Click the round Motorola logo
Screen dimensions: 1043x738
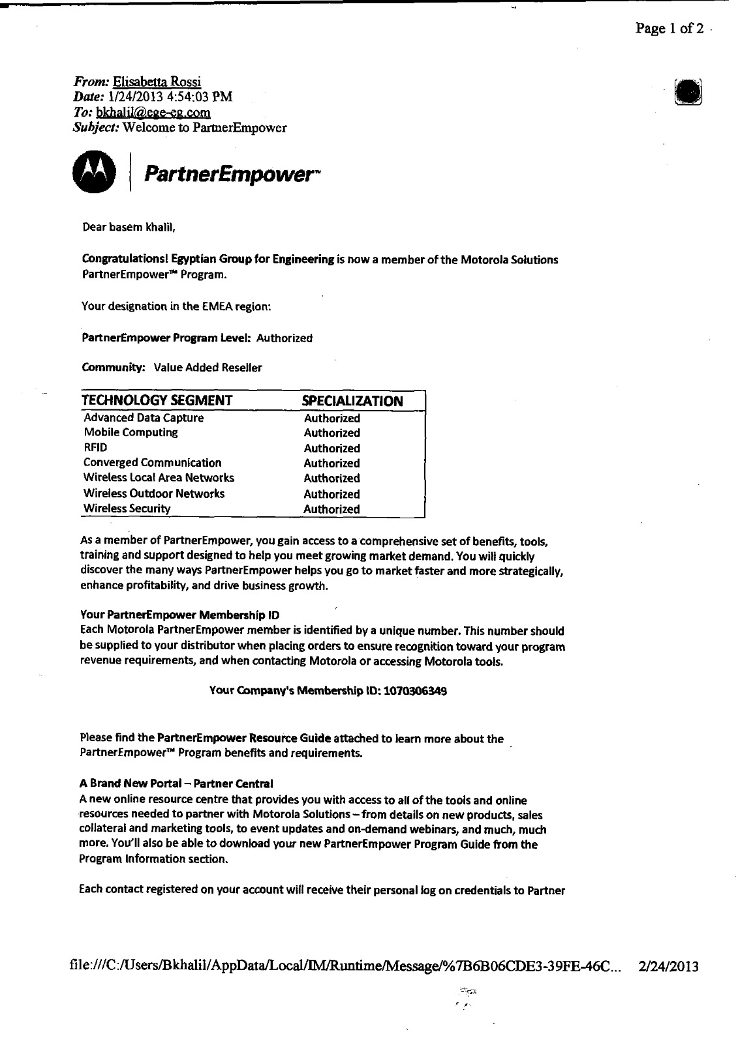94,171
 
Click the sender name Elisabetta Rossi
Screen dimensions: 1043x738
157,81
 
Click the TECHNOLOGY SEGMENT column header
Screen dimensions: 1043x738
157,400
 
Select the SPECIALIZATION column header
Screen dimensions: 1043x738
353,401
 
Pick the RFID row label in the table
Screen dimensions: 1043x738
95,448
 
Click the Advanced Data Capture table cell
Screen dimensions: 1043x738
144,418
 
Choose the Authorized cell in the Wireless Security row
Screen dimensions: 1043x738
331,509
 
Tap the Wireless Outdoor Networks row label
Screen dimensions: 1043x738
154,493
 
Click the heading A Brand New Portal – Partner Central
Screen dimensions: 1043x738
176,783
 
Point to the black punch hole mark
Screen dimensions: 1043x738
688,91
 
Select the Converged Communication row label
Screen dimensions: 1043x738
153,463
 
